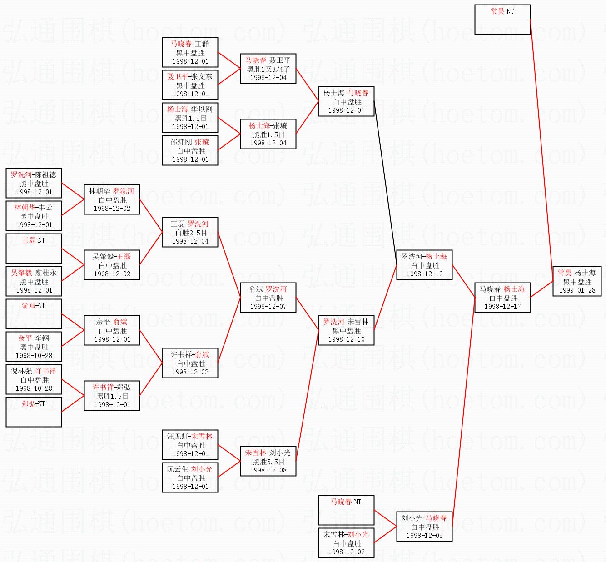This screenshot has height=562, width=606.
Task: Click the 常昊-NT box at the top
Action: click(x=502, y=20)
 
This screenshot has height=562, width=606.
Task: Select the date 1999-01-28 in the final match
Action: click(x=577, y=290)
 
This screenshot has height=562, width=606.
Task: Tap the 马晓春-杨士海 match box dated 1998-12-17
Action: click(x=502, y=298)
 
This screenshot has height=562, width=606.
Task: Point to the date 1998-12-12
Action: click(x=424, y=274)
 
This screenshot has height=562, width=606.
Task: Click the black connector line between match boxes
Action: click(x=385, y=177)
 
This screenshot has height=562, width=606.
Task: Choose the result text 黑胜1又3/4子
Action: click(x=268, y=69)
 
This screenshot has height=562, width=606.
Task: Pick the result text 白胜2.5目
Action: click(x=191, y=233)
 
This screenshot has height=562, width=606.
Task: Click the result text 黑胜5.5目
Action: click(x=268, y=462)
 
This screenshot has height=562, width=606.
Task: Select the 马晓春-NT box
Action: click(x=346, y=510)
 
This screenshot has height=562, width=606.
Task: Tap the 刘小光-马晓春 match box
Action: click(x=424, y=527)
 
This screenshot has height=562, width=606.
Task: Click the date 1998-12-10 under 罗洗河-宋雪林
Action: click(x=346, y=339)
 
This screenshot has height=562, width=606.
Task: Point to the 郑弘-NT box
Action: click(x=34, y=412)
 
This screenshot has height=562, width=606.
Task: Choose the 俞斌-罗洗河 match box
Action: click(x=268, y=298)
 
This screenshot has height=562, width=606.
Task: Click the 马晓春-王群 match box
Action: click(x=190, y=52)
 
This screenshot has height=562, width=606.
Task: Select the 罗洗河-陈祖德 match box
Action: click(x=34, y=183)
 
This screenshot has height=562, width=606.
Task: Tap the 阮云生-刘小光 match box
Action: click(x=190, y=477)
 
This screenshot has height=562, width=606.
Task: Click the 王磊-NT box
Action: click(x=34, y=249)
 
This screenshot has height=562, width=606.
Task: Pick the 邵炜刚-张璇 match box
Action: click(x=190, y=150)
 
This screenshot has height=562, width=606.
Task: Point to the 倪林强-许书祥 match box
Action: click(x=34, y=379)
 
